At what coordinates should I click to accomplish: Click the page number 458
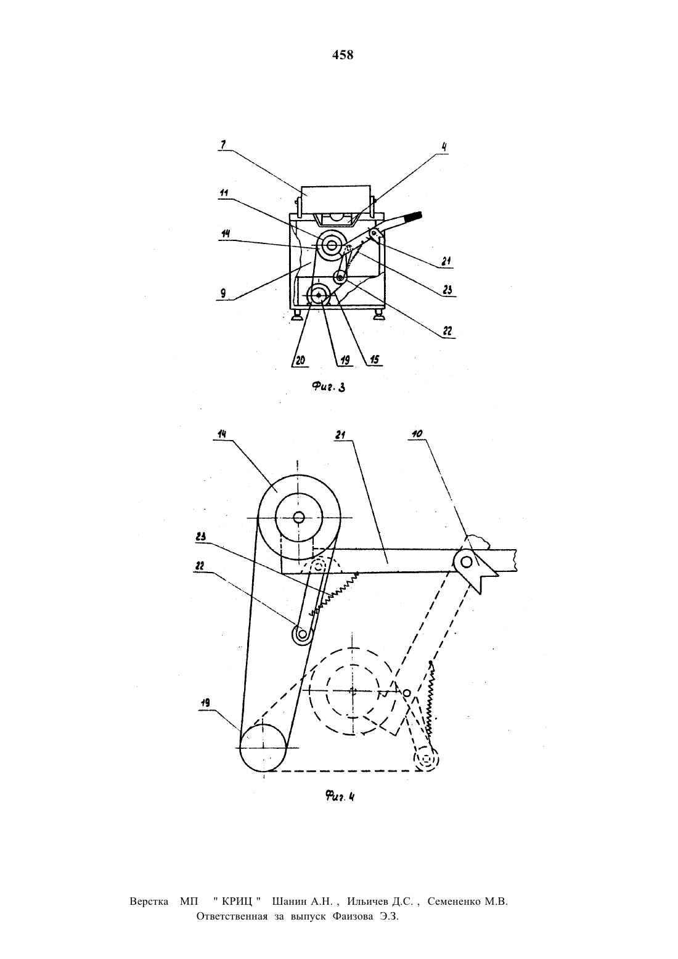tap(343, 55)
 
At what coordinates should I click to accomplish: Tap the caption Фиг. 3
tap(329, 387)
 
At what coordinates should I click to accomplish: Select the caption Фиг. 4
tap(340, 797)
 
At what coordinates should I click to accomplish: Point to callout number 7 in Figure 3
tap(223, 144)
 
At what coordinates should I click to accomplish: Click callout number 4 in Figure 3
tap(444, 147)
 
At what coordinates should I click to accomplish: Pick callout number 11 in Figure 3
tap(224, 193)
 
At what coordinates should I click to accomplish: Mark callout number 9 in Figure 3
tap(223, 294)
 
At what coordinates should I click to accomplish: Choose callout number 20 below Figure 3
tap(301, 360)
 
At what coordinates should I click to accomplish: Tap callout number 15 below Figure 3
tap(375, 360)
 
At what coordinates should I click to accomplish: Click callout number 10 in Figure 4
tap(417, 434)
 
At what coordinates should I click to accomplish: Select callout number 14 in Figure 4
tap(222, 435)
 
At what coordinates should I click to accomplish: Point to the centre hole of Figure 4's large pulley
tap(299, 518)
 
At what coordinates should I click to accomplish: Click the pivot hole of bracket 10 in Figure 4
tap(467, 561)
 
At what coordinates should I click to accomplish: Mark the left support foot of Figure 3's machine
tap(296, 317)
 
